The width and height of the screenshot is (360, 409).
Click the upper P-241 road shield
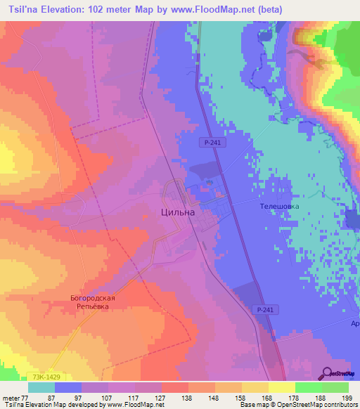pos(207,142)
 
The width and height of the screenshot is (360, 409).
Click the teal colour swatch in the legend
pos(41,387)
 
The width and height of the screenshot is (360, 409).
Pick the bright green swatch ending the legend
pos(335,387)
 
